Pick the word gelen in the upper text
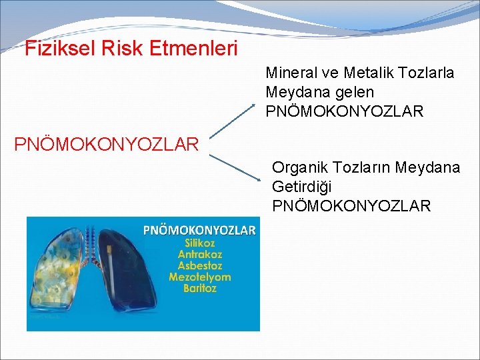[355, 92]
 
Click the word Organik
[299, 167]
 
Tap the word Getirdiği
[301, 187]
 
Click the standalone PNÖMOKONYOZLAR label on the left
[106, 144]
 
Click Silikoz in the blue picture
[200, 243]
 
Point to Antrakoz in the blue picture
[200, 255]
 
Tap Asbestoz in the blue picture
[200, 266]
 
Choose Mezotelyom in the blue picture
[200, 277]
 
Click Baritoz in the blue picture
[200, 289]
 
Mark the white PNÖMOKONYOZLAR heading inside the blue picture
[200, 231]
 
